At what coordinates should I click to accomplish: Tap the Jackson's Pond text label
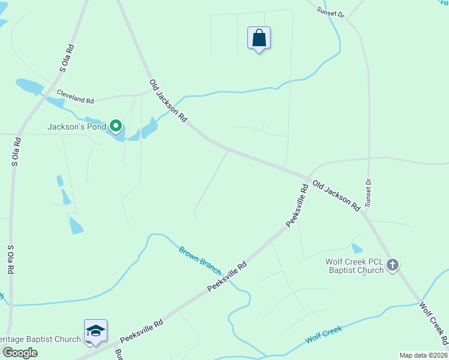(77, 127)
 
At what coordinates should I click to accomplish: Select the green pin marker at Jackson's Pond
(115, 126)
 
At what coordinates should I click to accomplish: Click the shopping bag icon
(259, 38)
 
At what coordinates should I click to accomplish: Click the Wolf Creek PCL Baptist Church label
(354, 266)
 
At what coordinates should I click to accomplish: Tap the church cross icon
(393, 265)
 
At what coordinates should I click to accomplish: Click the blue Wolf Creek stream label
(324, 334)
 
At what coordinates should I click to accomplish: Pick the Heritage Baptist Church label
(40, 339)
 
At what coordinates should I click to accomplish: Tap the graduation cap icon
(95, 331)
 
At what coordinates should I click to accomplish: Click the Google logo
(19, 353)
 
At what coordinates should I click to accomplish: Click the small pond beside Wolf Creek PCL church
(357, 248)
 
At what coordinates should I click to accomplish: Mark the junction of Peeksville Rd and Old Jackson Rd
(308, 179)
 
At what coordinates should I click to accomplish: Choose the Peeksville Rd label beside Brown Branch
(228, 277)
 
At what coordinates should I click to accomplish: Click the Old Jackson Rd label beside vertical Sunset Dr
(336, 196)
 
